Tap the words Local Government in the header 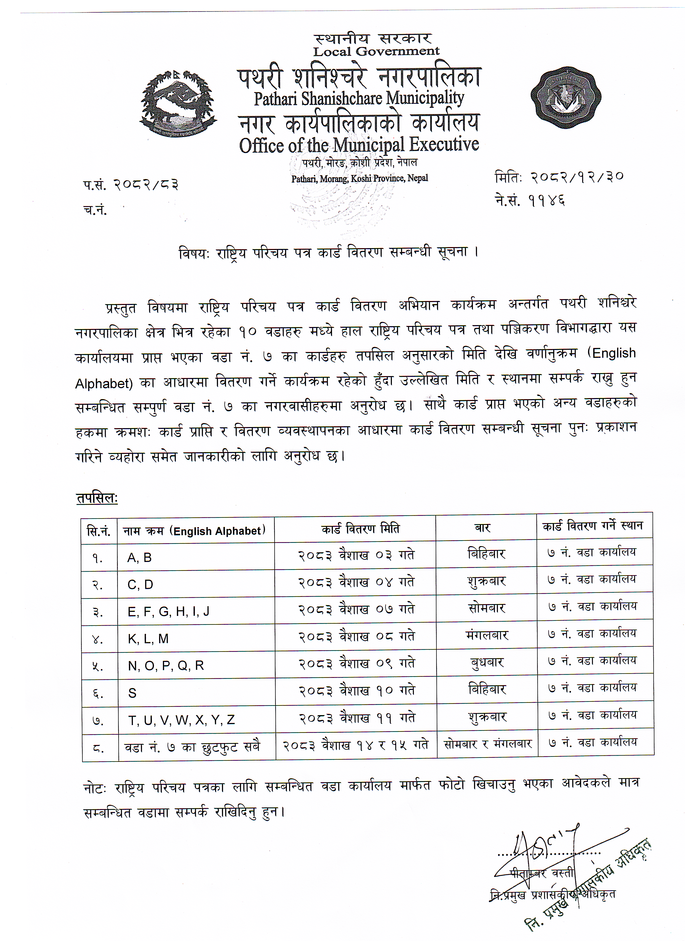point(376,52)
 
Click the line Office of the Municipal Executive point(359,145)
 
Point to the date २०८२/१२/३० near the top point(577,177)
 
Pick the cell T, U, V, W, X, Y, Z point(181,720)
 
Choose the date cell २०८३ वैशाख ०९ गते point(357,664)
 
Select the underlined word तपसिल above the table point(96,499)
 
